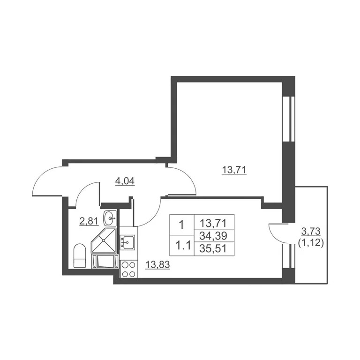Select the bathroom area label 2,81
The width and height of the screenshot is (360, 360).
pyautogui.click(x=89, y=221)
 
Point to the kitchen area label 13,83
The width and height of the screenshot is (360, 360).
pyautogui.click(x=157, y=265)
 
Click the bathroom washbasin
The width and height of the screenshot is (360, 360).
pyautogui.click(x=110, y=217)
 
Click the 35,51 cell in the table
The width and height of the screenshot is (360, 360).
pyautogui.click(x=213, y=248)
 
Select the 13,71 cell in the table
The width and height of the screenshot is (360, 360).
pyautogui.click(x=213, y=223)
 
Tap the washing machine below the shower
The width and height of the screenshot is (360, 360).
pyautogui.click(x=105, y=261)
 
